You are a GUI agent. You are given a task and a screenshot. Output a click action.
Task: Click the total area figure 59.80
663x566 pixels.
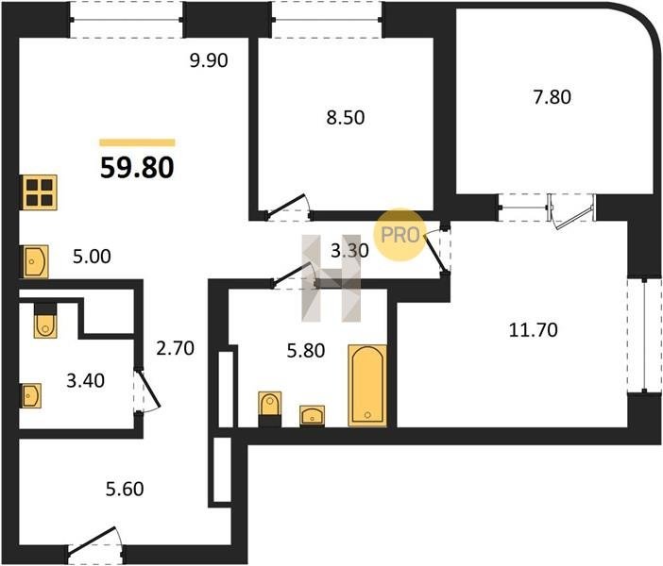[137, 167]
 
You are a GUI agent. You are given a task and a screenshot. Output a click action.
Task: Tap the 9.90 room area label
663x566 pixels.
[209, 60]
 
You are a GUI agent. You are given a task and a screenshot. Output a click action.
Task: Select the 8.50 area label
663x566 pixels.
[346, 117]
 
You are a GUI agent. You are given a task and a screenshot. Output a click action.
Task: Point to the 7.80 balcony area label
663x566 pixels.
[552, 97]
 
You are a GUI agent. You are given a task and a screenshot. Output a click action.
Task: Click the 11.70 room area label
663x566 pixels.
[534, 330]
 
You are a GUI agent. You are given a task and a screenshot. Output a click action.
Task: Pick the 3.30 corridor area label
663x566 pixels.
[349, 251]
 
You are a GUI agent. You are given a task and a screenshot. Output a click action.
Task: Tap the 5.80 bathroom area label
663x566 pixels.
[306, 351]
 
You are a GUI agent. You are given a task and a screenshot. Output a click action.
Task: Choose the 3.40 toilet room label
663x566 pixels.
[85, 380]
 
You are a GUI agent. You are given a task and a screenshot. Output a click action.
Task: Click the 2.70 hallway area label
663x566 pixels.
[175, 348]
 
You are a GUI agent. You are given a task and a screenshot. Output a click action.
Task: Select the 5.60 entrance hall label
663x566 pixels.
[125, 490]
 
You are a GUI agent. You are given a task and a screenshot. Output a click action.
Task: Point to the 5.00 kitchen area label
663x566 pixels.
[92, 257]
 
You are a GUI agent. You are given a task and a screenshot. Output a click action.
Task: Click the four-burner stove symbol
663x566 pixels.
[39, 191]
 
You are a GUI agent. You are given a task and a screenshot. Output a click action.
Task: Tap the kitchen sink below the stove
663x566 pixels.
[35, 262]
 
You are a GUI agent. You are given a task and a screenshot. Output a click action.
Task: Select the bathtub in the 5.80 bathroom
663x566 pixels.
[367, 385]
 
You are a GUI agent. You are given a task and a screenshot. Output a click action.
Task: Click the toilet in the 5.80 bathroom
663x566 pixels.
[270, 408]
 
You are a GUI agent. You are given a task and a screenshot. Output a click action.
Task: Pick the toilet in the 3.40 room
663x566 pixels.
[45, 321]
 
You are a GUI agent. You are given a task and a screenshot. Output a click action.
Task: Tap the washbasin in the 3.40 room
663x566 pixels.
[31, 395]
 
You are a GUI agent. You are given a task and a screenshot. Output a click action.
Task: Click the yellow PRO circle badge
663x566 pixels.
[399, 235]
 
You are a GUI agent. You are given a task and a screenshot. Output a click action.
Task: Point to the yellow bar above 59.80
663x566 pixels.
[138, 142]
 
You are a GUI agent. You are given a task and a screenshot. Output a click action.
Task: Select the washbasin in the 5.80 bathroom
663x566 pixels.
[313, 416]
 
